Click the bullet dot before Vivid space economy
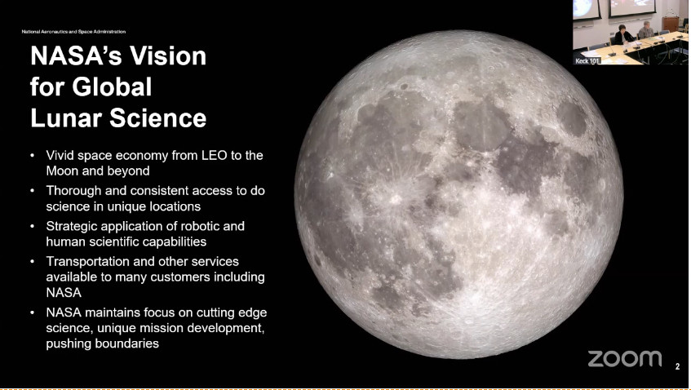pos(32,156)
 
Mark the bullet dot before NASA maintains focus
pos(32,312)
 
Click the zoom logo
pos(624,359)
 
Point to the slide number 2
pos(677,366)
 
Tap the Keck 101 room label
pos(587,61)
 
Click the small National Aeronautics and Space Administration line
pos(73,32)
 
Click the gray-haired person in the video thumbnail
pos(645,30)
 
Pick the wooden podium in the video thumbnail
pos(671,24)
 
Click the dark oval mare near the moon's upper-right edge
pos(572,118)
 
